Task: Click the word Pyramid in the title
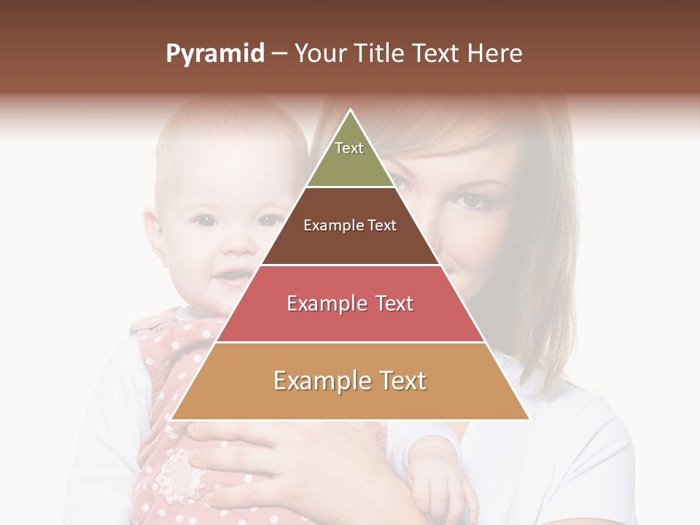pyautogui.click(x=214, y=54)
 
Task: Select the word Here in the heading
pyautogui.click(x=494, y=54)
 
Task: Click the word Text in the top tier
pyautogui.click(x=349, y=148)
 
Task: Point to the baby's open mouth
pyautogui.click(x=233, y=276)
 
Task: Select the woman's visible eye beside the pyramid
pyautogui.click(x=472, y=199)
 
